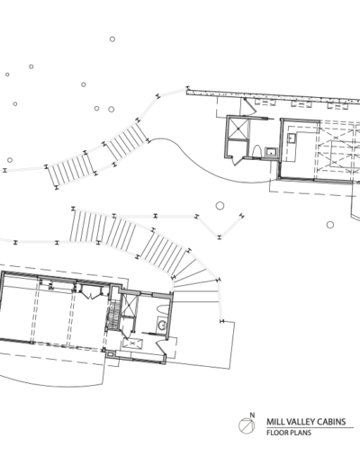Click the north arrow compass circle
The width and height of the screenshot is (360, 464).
(247, 425)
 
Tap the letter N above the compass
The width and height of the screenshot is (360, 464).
(252, 415)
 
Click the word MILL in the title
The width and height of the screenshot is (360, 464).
(274, 422)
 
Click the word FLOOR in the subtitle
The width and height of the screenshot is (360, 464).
(276, 433)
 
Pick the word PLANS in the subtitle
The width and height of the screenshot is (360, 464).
(300, 433)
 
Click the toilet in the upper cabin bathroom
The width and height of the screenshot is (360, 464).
(257, 151)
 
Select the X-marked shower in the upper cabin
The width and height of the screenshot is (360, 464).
(238, 129)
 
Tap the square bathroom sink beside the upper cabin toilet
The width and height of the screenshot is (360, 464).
(271, 152)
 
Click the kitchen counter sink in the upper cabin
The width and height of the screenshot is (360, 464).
(291, 138)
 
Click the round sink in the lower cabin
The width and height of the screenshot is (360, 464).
(162, 326)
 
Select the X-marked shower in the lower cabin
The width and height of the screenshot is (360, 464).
(129, 305)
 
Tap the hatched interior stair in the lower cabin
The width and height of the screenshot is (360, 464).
(113, 315)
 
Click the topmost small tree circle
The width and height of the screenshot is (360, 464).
(112, 39)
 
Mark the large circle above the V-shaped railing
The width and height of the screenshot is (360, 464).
(220, 206)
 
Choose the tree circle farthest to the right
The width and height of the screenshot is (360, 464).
(330, 225)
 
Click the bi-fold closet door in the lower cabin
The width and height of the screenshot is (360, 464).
(91, 293)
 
